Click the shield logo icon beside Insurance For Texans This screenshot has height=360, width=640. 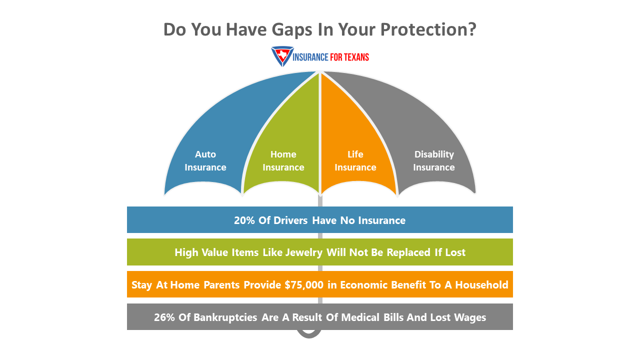[282, 56]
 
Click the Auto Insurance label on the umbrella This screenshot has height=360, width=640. [205, 161]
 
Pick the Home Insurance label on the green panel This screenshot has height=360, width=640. [283, 161]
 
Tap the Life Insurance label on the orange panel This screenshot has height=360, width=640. [355, 161]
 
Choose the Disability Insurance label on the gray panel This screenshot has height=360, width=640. [434, 161]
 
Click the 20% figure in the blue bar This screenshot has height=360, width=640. [244, 220]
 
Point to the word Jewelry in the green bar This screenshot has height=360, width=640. [304, 252]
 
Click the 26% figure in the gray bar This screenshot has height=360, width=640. [164, 317]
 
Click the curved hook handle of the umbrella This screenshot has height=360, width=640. [309, 334]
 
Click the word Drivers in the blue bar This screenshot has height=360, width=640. [291, 220]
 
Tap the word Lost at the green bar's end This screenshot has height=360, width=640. [455, 252]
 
